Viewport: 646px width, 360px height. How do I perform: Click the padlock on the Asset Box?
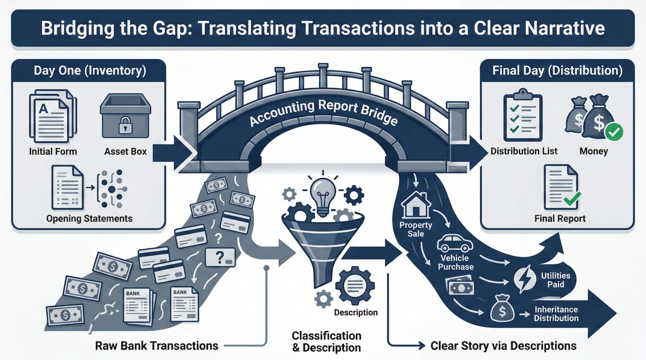(125, 125)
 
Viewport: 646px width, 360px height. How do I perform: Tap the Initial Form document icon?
(53, 116)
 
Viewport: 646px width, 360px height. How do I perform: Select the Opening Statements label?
(89, 218)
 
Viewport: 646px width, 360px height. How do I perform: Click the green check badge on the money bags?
(614, 132)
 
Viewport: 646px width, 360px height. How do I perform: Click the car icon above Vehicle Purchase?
(455, 243)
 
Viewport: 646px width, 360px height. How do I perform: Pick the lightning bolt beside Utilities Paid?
(525, 279)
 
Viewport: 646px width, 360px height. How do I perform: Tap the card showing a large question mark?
(220, 257)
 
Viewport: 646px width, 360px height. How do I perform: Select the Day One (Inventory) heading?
(90, 71)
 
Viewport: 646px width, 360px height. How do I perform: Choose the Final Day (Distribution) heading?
(557, 71)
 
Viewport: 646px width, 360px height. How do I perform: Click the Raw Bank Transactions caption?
(157, 346)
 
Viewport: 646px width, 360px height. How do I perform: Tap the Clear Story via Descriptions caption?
(503, 346)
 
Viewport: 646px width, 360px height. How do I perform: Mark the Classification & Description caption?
(326, 342)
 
